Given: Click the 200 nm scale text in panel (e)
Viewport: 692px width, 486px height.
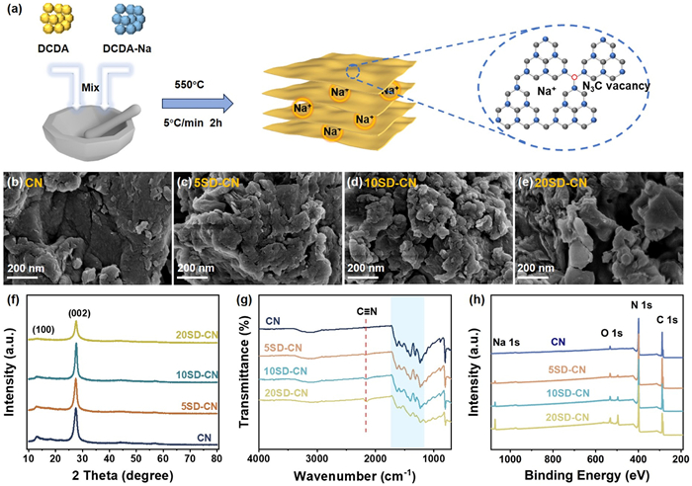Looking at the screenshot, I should pos(545,268).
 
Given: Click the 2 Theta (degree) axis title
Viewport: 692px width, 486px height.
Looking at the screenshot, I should pos(114,475).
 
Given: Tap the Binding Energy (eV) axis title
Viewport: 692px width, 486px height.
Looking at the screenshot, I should pos(583,475).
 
